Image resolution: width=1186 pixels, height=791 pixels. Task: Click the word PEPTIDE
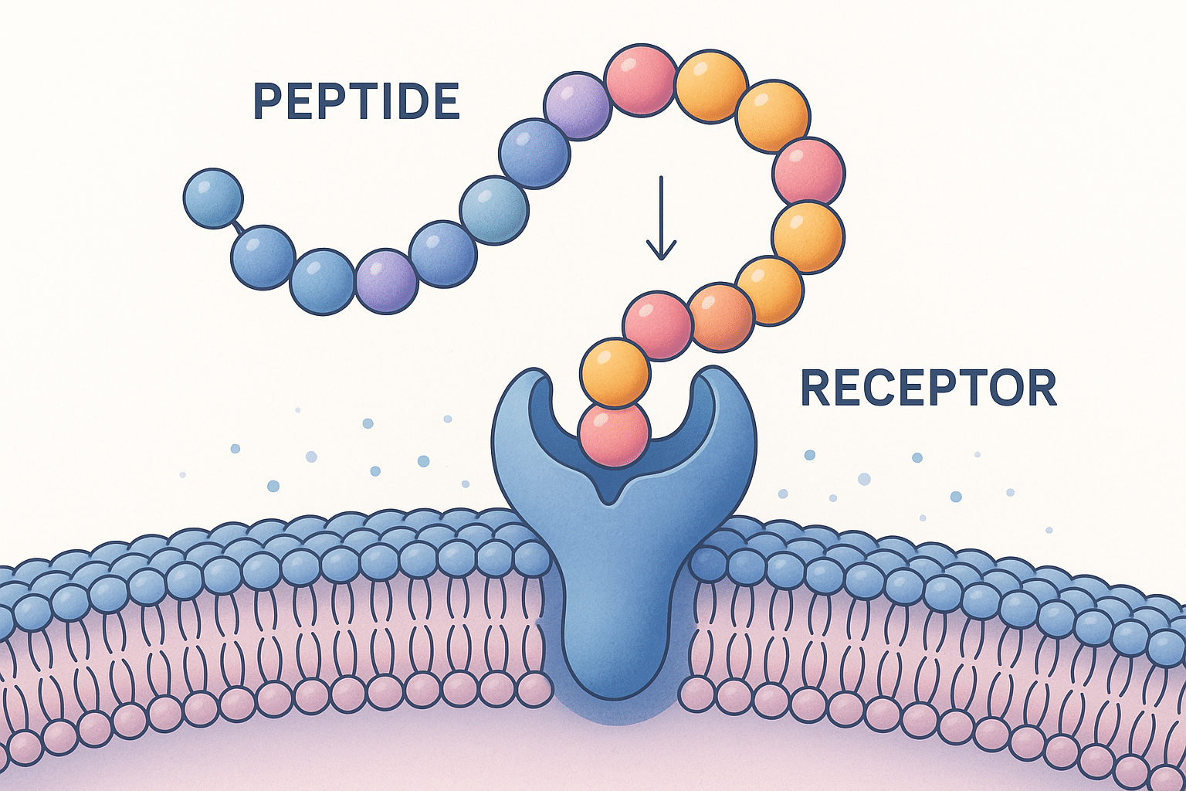click(357, 101)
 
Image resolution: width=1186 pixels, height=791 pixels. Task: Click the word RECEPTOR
click(928, 389)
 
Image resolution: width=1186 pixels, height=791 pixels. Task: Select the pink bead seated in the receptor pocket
click(615, 435)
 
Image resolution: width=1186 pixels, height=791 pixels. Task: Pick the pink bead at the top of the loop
click(640, 81)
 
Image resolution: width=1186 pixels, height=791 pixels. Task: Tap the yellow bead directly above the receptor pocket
click(615, 373)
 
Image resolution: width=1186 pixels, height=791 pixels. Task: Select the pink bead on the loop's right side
click(808, 172)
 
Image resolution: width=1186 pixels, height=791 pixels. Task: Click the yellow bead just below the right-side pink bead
click(808, 237)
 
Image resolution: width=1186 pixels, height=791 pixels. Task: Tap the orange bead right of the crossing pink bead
click(719, 317)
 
